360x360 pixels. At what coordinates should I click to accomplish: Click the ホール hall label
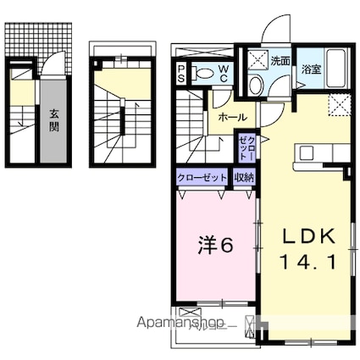tap(231, 116)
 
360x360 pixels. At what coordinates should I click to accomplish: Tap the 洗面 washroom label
tap(281, 61)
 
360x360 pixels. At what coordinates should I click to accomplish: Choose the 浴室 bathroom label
tap(311, 71)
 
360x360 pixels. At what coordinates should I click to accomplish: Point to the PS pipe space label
tap(182, 74)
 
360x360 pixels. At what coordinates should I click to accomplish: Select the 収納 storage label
tap(243, 177)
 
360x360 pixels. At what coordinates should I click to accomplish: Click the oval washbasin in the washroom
tap(256, 83)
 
